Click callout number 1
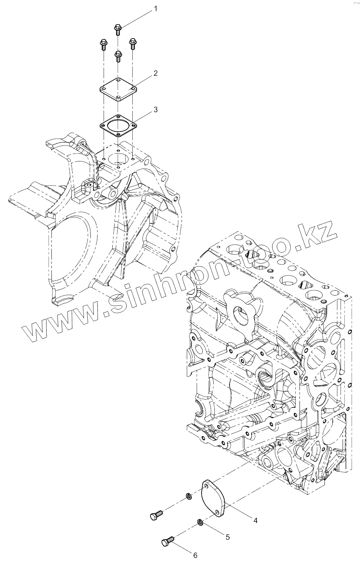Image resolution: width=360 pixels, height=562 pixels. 155,9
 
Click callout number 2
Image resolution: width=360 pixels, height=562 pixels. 155,74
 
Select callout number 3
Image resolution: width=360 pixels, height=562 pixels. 155,110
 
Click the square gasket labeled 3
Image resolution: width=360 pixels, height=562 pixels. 118,126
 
